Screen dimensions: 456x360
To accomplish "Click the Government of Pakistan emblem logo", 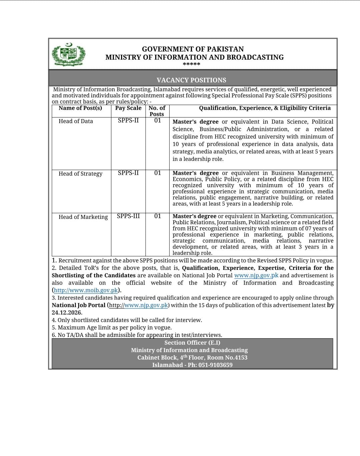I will tap(68, 54).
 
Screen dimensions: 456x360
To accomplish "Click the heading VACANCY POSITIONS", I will tap(191, 80).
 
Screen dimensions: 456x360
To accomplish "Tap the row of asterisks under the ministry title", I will tap(191, 64).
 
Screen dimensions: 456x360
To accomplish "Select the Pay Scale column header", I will tap(128, 108).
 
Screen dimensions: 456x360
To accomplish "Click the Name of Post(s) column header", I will tap(80, 108).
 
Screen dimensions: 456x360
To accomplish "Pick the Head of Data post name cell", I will tap(76, 121).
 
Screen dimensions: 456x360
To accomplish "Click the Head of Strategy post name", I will tap(80, 174).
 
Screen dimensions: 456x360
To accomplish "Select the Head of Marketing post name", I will tap(83, 217).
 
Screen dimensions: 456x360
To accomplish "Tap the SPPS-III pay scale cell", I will tap(128, 216).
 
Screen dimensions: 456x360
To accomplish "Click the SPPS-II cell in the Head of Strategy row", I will tap(128, 173).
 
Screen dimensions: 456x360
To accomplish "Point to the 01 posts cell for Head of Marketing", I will tap(158, 216).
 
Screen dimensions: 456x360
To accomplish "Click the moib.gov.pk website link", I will tap(86, 290).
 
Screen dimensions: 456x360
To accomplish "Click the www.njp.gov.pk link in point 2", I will tap(256, 276).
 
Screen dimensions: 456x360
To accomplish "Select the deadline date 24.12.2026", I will tap(67, 313).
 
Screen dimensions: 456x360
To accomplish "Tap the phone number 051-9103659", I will tap(215, 365).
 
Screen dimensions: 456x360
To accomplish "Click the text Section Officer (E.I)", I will tap(192, 343).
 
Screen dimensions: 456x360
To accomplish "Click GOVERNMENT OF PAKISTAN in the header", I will tap(193, 49).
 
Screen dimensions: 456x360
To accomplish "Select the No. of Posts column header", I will tap(157, 111).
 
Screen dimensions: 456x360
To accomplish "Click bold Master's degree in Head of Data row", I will tap(195, 122).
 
